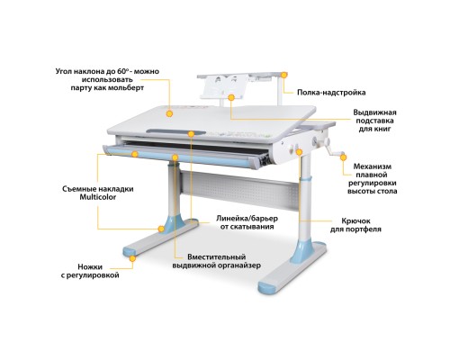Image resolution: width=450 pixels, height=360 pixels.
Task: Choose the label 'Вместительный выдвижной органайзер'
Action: [217, 262]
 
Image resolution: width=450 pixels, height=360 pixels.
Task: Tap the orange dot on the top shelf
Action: [284, 76]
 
